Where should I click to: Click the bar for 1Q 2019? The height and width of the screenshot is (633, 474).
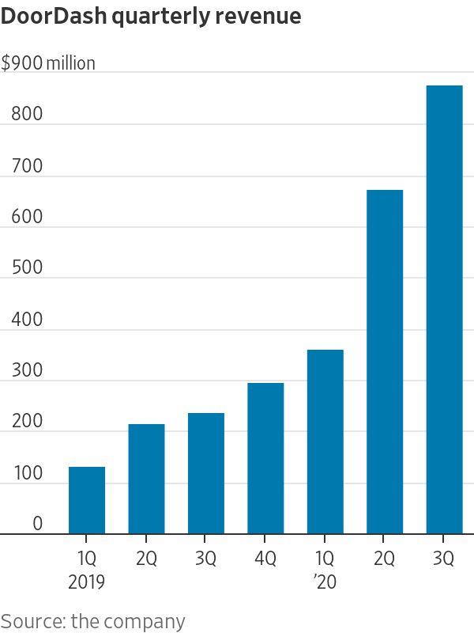[87, 500]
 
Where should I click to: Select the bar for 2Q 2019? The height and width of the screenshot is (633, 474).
[146, 479]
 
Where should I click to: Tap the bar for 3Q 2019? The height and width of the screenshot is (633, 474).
[206, 473]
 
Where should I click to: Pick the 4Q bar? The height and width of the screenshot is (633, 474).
[265, 458]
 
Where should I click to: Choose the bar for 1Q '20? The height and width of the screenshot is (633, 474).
[325, 442]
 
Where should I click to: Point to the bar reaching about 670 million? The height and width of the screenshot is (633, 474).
[385, 362]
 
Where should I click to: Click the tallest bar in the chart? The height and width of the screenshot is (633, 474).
[444, 309]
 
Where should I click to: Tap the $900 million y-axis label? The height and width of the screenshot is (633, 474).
[48, 63]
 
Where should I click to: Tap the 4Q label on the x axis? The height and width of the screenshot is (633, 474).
[265, 559]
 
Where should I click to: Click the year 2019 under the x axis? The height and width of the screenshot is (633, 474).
[87, 583]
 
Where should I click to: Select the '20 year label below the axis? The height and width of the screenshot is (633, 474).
[325, 583]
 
